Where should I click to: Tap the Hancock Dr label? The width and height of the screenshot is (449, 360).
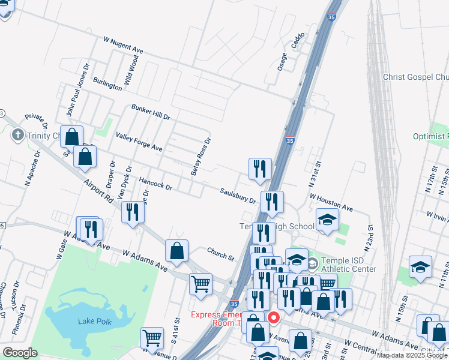tap(155, 184)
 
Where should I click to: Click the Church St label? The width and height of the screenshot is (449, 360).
tap(220, 254)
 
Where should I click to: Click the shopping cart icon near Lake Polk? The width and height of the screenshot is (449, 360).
tap(152, 338)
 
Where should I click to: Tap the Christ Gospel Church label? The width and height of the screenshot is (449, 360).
tap(416, 77)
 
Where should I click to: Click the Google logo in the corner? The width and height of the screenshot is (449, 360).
tap(20, 352)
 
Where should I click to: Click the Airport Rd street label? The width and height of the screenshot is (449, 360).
tap(99, 192)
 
